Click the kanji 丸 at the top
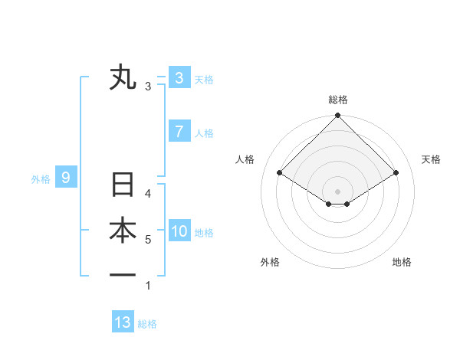123,77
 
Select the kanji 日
123,186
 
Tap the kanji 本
123,231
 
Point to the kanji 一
123,275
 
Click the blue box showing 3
179,77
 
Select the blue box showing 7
179,131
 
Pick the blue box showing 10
179,231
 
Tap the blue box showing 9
66,178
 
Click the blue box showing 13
123,322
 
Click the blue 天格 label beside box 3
204,79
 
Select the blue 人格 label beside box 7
204,133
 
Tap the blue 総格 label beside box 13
147,324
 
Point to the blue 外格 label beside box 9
41,179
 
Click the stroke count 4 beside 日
148,194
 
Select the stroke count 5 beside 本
148,240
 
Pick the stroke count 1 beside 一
148,286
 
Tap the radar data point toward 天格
396,173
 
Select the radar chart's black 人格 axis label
245,159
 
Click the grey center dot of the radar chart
337,191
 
